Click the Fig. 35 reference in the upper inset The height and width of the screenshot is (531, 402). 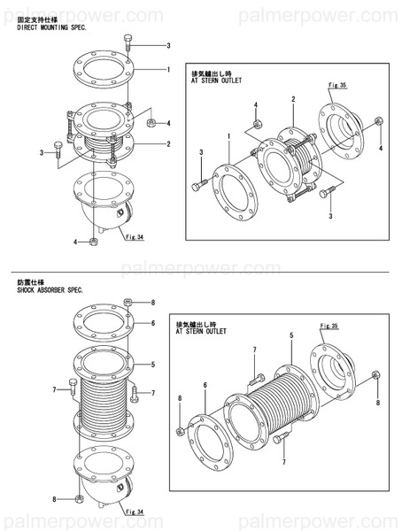pos(336,84)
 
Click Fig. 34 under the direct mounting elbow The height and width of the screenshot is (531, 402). pos(134,237)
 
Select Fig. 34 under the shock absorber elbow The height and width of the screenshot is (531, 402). pos(134,512)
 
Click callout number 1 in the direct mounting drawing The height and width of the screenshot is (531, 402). pos(167,69)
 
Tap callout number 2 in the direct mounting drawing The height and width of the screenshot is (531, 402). pos(167,143)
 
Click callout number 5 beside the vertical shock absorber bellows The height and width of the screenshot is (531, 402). pos(152,364)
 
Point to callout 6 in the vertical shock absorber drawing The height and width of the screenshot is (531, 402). pos(152,324)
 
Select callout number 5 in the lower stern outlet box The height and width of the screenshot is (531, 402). pos(291,335)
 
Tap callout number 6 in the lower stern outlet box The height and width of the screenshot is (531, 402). pos(205,385)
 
